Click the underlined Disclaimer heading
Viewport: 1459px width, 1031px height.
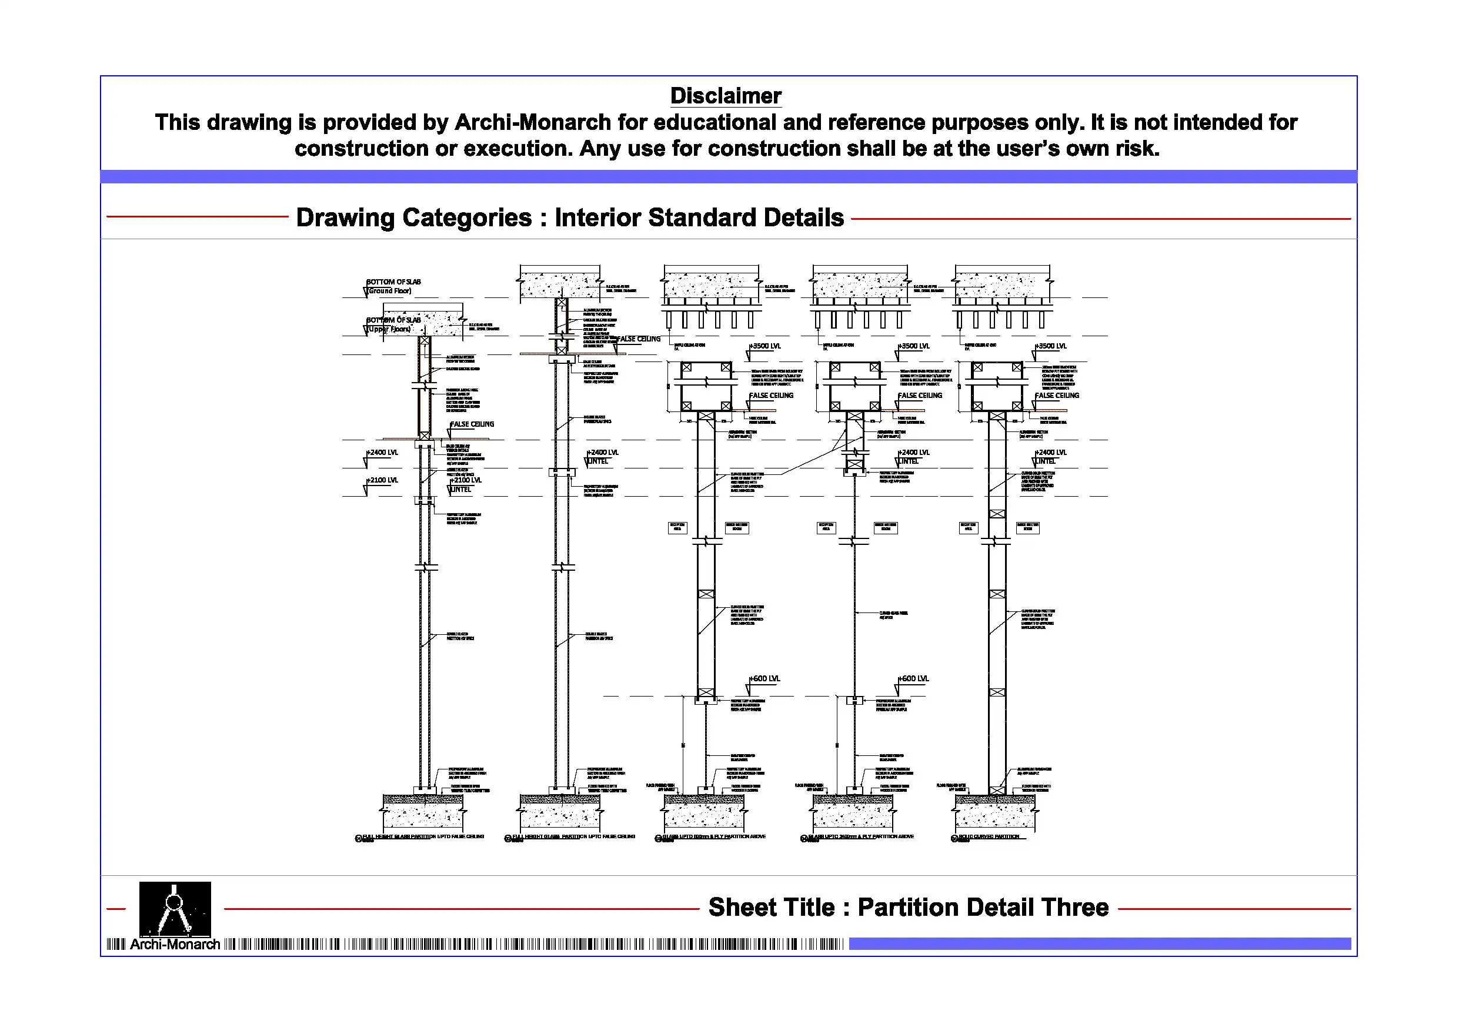coord(726,96)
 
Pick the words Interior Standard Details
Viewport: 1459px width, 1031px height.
coord(699,217)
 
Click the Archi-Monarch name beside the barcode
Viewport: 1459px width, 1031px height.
coord(175,945)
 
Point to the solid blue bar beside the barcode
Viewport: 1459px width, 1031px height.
coord(1099,944)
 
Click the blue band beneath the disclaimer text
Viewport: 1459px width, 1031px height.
coord(728,176)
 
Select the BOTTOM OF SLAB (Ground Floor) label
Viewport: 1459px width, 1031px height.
coord(393,286)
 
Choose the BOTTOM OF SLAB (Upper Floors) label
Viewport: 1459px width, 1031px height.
coord(393,324)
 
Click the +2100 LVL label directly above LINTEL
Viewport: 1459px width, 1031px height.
coord(467,480)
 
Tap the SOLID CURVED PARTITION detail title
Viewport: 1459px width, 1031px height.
coord(989,836)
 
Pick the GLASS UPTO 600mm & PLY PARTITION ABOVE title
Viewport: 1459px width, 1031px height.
coord(713,836)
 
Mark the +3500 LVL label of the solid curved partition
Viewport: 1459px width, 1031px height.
coord(1053,346)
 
